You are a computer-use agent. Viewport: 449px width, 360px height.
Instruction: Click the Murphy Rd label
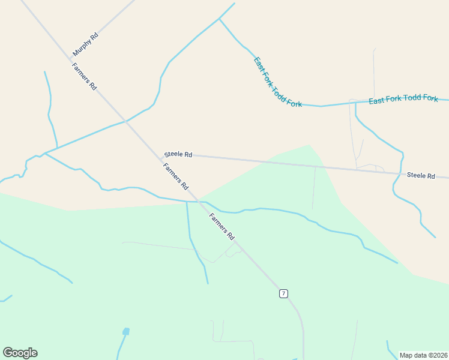(85, 44)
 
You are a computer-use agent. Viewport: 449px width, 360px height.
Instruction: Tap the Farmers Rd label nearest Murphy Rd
(84, 77)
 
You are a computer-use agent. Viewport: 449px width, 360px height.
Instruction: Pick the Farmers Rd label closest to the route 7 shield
(222, 226)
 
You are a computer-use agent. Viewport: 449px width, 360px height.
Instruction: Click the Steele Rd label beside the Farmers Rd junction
(178, 155)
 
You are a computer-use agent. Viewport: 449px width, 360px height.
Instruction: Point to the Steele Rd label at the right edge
(420, 175)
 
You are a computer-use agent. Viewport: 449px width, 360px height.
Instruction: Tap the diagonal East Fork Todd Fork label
(277, 82)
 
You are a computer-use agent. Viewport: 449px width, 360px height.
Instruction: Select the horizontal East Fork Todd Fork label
(403, 99)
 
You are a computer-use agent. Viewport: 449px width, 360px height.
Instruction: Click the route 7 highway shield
(283, 293)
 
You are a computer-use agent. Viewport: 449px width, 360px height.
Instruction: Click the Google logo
(20, 353)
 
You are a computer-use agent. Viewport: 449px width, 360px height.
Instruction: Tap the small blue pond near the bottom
(125, 331)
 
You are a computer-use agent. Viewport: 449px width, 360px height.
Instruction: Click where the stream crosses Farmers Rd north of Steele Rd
(125, 121)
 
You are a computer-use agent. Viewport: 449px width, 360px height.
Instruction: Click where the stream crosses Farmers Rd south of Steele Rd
(197, 202)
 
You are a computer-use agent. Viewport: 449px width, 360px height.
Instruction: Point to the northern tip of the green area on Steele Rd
(309, 145)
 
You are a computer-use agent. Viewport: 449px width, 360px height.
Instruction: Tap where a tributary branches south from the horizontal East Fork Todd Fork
(355, 103)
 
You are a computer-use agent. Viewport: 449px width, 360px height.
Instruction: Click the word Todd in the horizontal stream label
(406, 99)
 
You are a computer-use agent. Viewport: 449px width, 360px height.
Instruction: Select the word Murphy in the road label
(82, 47)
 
